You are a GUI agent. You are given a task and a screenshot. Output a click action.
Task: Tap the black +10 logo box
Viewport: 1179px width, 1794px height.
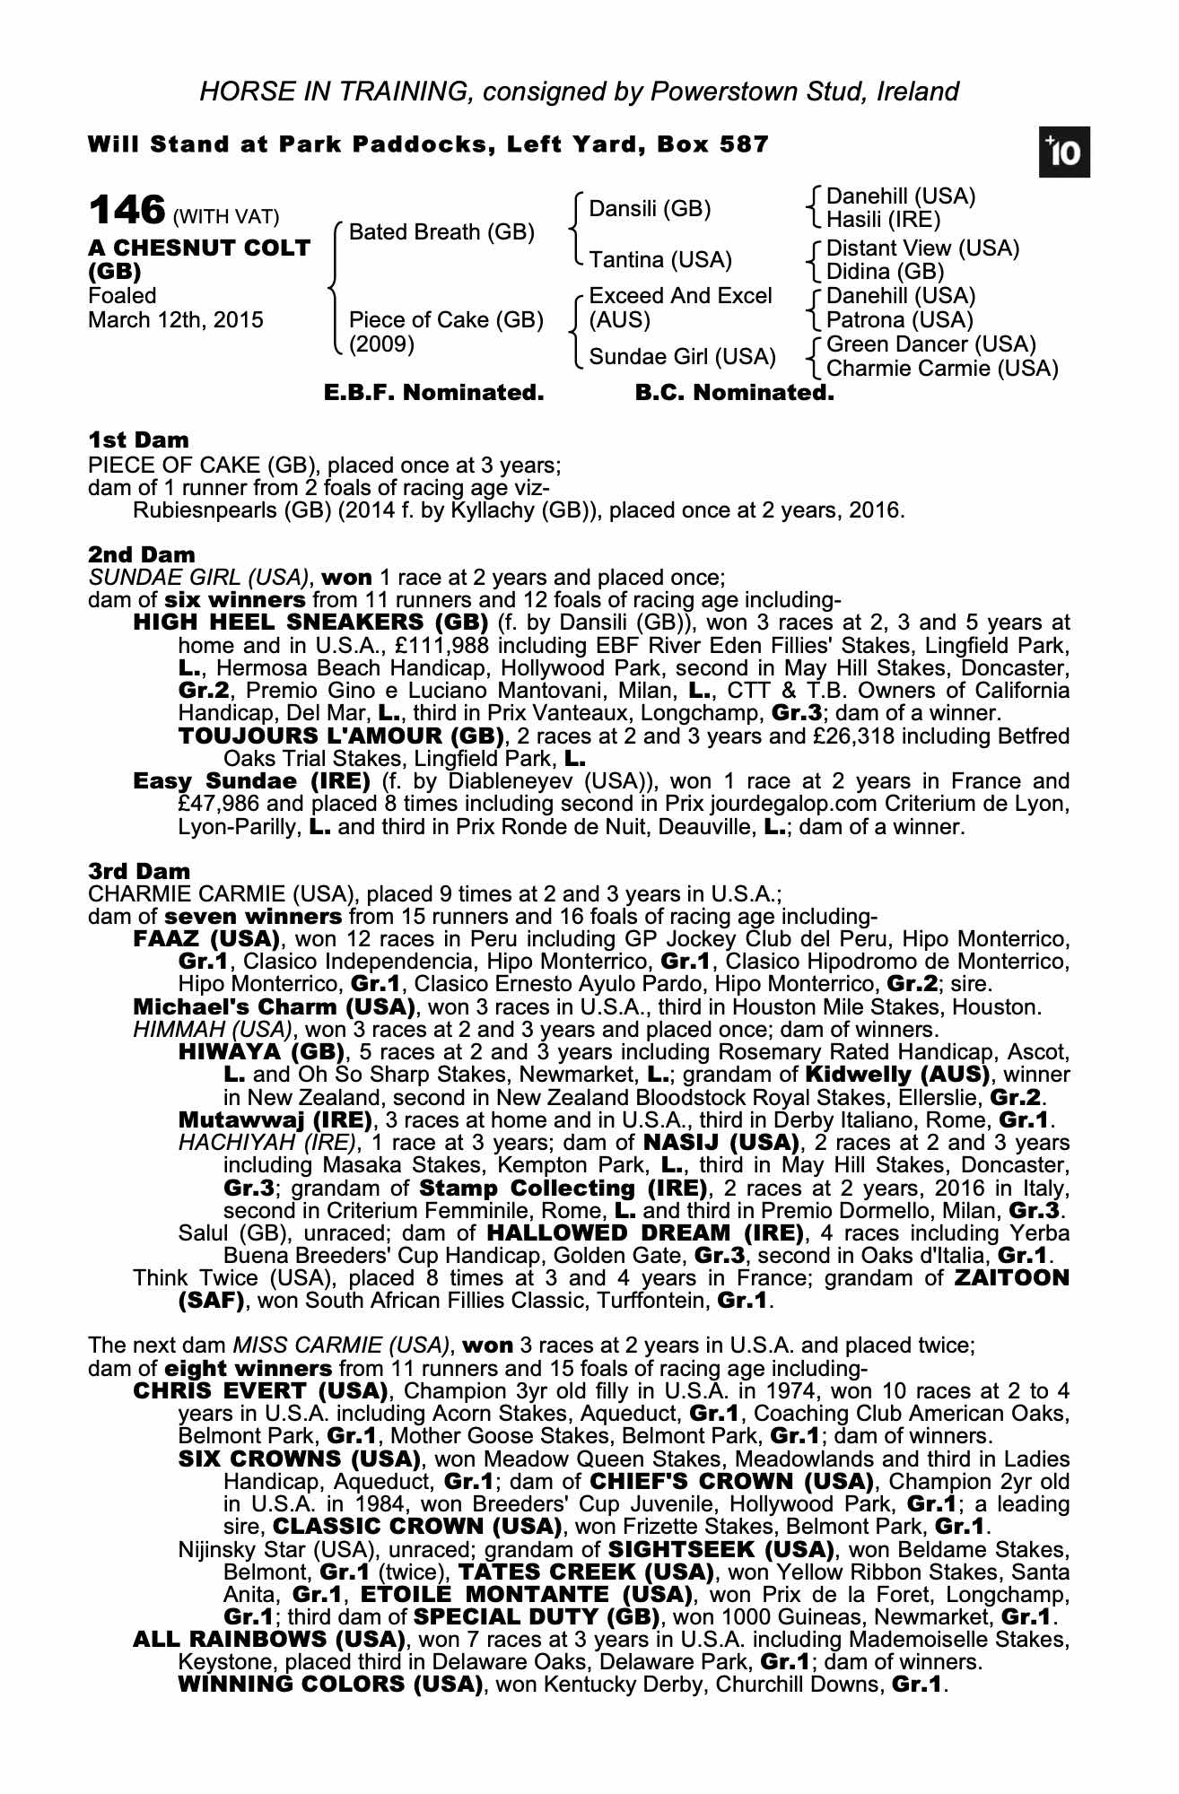[x=1064, y=154]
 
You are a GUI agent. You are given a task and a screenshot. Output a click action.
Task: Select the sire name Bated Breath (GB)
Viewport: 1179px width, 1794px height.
[x=441, y=233]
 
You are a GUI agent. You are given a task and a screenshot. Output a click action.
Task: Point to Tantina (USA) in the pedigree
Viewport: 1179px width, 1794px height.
[x=660, y=260]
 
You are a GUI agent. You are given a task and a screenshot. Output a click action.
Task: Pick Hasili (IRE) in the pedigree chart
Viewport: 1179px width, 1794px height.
[x=883, y=220]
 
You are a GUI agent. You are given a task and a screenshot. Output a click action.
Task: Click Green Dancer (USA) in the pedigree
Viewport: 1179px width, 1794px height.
[x=930, y=344]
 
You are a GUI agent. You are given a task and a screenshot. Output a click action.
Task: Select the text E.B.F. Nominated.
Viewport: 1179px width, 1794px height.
[x=434, y=393]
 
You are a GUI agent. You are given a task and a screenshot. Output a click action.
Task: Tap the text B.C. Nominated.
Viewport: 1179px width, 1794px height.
[x=734, y=393]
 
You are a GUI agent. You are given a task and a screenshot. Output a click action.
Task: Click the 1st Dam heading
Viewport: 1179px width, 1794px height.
[x=139, y=440]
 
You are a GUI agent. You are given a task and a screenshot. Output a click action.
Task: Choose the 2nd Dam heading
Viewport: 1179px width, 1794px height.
[x=141, y=554]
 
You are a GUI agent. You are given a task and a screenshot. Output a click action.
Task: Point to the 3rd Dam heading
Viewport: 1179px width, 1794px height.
[x=140, y=871]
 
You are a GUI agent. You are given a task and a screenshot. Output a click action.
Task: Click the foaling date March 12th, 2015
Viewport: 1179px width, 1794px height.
[x=176, y=320]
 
